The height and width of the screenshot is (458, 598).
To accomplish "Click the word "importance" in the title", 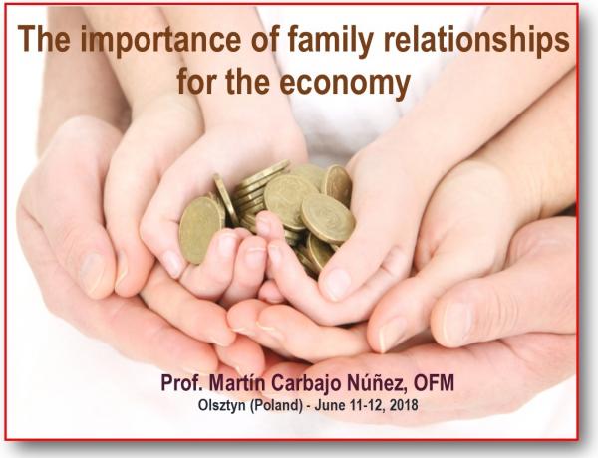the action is pyautogui.click(x=160, y=41).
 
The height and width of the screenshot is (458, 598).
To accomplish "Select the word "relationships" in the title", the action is pyautogui.click(x=476, y=41).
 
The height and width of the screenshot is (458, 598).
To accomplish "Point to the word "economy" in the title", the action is pyautogui.click(x=345, y=83).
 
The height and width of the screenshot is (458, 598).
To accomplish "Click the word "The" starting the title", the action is pyautogui.click(x=44, y=39).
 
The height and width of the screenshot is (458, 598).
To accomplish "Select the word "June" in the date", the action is pyautogui.click(x=330, y=405).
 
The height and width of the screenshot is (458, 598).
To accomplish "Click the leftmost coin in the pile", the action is pyautogui.click(x=200, y=231).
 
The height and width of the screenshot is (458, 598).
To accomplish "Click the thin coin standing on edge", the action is pyautogui.click(x=226, y=200).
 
